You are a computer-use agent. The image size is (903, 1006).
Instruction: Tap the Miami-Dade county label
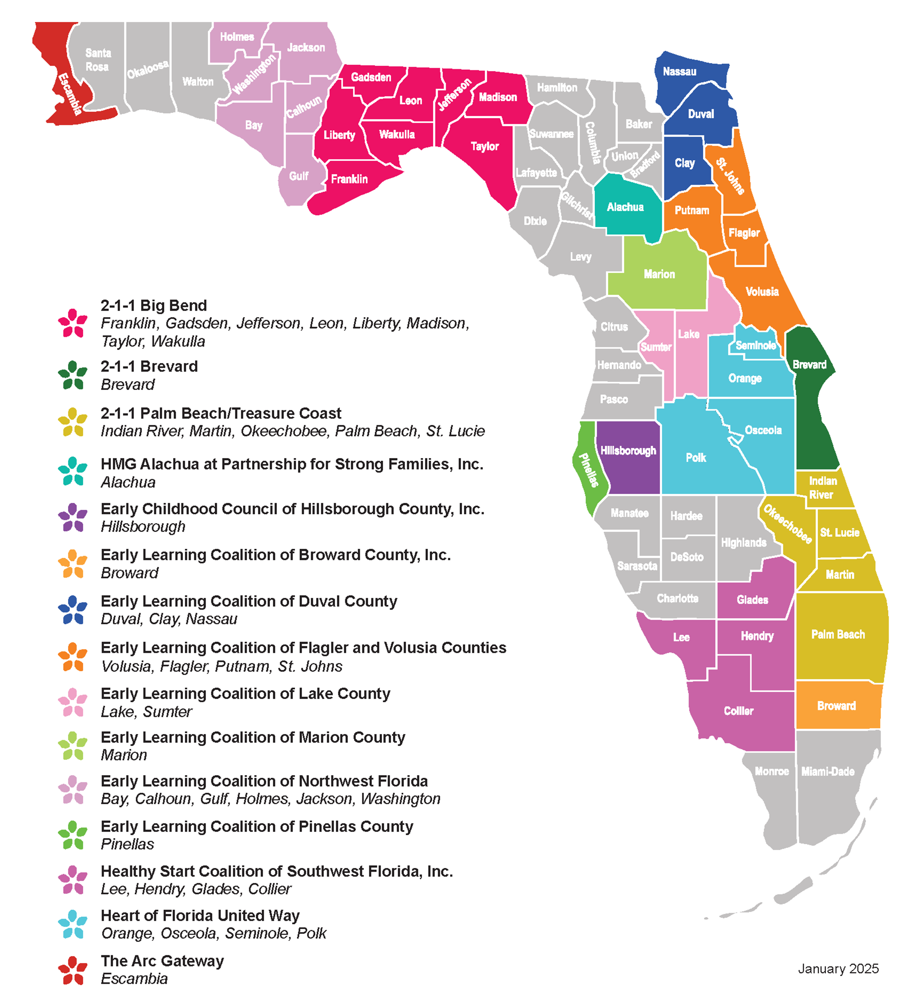click(x=828, y=771)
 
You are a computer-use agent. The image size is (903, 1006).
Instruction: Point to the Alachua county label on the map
click(x=625, y=207)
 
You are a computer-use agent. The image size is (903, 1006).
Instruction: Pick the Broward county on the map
click(x=837, y=706)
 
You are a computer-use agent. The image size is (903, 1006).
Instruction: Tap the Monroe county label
click(x=772, y=771)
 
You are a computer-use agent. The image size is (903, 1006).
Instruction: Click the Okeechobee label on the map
click(x=787, y=524)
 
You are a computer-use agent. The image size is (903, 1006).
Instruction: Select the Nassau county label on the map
click(x=679, y=71)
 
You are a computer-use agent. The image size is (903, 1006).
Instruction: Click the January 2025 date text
click(x=838, y=969)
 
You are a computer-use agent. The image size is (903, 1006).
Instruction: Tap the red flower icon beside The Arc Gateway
click(x=72, y=970)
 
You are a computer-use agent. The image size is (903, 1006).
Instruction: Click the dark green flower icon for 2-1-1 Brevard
click(x=72, y=375)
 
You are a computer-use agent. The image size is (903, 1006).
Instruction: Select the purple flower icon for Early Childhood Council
click(x=72, y=518)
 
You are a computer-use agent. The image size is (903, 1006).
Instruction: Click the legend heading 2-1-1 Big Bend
click(x=154, y=305)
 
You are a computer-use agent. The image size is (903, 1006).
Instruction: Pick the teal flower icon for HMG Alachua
click(x=72, y=471)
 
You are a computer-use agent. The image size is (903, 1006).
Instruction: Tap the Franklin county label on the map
click(x=349, y=179)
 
